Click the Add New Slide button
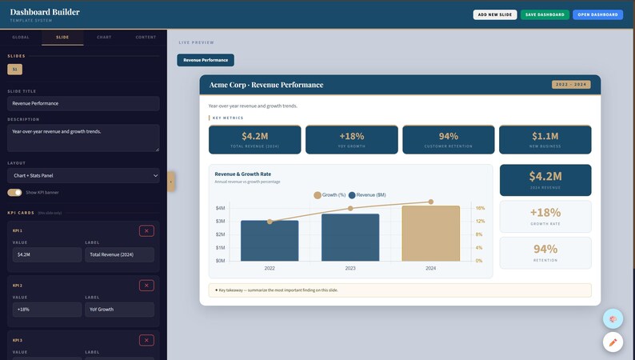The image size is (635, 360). pyautogui.click(x=494, y=14)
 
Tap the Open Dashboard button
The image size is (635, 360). pyautogui.click(x=597, y=14)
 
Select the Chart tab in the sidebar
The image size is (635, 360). pyautogui.click(x=104, y=37)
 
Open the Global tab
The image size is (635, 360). pyautogui.click(x=21, y=37)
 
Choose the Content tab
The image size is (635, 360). pyautogui.click(x=146, y=37)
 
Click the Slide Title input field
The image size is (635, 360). pyautogui.click(x=83, y=103)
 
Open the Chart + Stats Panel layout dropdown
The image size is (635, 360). pyautogui.click(x=83, y=175)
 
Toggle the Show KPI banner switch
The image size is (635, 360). pyautogui.click(x=14, y=193)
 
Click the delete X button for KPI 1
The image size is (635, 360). pyautogui.click(x=146, y=230)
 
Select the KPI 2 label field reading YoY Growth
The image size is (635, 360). pyautogui.click(x=119, y=309)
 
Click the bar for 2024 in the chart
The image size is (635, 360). pyautogui.click(x=431, y=233)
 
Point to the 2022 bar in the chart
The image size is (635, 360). pyautogui.click(x=270, y=241)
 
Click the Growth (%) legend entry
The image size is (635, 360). pyautogui.click(x=329, y=195)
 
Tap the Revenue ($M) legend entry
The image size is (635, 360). pyautogui.click(x=367, y=195)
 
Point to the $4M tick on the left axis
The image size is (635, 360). pyautogui.click(x=220, y=208)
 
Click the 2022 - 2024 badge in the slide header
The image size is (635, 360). pyautogui.click(x=571, y=84)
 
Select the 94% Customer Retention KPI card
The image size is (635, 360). pyautogui.click(x=449, y=139)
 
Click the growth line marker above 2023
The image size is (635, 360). pyautogui.click(x=350, y=209)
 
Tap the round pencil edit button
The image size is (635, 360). pyautogui.click(x=613, y=342)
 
